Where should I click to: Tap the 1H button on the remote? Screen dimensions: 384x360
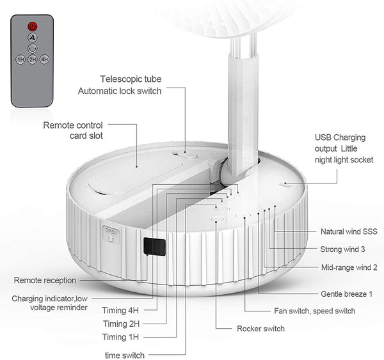click(20, 59)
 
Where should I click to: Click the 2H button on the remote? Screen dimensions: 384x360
click(33, 59)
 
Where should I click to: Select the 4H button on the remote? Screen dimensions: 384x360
click(44, 59)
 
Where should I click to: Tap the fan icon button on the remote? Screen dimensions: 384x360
click(33, 38)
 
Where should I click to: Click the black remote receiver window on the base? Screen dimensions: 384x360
click(154, 246)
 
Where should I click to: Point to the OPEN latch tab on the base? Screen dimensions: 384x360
click(111, 235)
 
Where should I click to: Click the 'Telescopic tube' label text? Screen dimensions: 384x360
click(131, 79)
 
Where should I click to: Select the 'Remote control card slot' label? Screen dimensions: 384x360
click(73, 130)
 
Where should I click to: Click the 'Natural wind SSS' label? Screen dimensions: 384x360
click(349, 231)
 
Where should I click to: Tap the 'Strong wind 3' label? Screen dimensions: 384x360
click(342, 249)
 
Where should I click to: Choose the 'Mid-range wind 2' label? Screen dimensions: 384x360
click(349, 267)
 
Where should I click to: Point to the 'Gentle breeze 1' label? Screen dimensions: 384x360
click(346, 293)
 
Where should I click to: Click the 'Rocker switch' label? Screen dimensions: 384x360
click(261, 329)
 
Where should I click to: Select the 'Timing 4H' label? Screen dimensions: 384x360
click(120, 310)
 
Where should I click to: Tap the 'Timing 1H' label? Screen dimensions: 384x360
click(120, 337)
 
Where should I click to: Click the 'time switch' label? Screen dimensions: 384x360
click(125, 355)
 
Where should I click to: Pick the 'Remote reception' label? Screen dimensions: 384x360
click(45, 280)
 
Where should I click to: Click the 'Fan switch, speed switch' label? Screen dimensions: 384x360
click(315, 311)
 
